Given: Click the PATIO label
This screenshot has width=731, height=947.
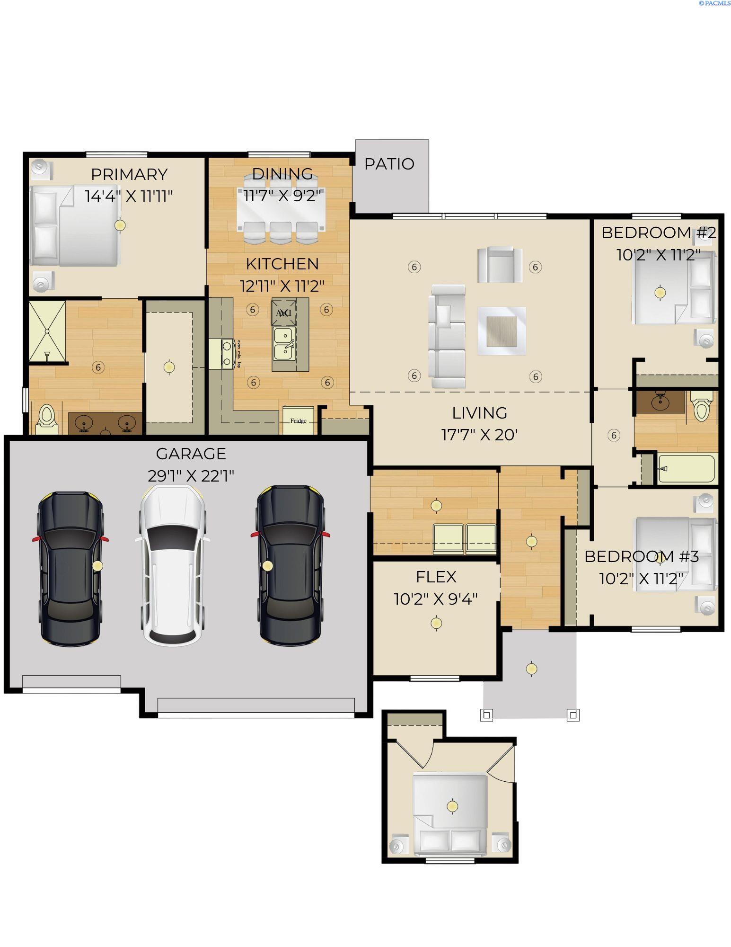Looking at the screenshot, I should click(389, 164).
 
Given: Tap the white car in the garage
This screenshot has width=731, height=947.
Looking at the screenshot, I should click(173, 566).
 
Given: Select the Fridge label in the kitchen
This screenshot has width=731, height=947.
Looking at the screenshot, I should click(298, 420).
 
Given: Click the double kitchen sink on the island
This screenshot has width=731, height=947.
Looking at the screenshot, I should click(284, 344).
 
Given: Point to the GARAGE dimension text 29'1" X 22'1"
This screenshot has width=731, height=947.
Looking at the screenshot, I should click(191, 475).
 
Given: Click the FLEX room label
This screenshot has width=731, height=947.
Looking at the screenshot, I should click(436, 577).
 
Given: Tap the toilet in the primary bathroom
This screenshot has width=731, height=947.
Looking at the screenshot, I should click(46, 418).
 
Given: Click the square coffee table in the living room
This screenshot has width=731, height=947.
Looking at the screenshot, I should click(502, 331).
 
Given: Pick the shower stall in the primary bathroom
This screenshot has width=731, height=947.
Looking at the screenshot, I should click(47, 331).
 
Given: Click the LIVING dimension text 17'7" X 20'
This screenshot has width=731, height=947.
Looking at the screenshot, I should click(479, 434).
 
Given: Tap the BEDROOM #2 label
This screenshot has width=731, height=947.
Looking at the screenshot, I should click(658, 232).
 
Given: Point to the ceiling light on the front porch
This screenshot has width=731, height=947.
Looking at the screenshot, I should click(531, 668).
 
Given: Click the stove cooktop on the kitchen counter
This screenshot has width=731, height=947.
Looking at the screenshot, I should click(228, 354).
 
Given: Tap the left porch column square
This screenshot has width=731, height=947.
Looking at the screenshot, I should click(487, 714).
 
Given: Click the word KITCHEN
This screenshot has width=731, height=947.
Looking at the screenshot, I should click(282, 264).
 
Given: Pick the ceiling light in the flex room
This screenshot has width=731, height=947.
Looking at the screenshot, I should click(436, 623).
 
